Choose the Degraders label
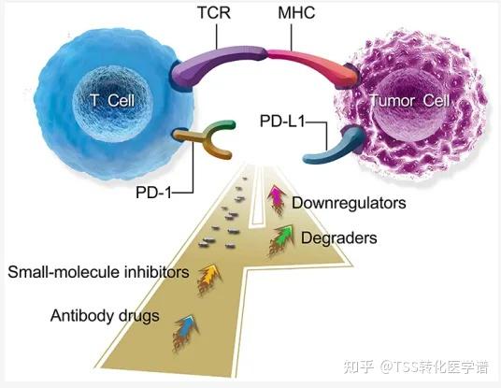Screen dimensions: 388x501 point(338,238)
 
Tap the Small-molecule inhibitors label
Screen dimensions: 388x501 point(98,273)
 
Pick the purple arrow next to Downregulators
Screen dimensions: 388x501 point(276,196)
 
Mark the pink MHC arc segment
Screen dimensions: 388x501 point(304,58)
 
